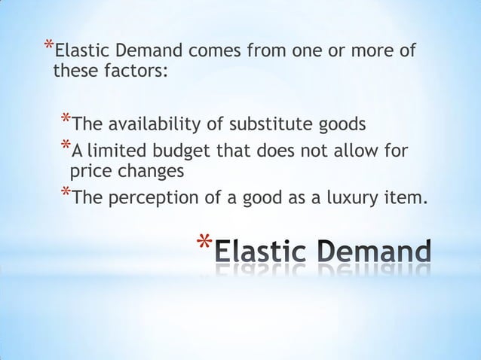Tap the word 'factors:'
[135, 73]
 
